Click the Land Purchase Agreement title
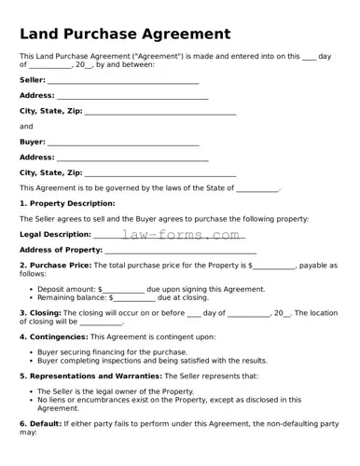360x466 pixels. (124, 34)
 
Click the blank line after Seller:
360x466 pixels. (123, 82)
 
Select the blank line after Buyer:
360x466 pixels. (123, 143)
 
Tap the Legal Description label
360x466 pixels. (55, 234)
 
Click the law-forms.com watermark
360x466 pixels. (181, 235)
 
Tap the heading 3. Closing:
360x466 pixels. (40, 313)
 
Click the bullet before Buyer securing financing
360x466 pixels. (30, 352)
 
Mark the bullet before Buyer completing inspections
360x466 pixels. (30, 360)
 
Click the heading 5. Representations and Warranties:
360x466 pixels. (90, 376)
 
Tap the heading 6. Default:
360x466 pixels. (40, 423)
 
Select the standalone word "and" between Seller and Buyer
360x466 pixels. (26, 127)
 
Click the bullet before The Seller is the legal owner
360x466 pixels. (30, 391)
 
